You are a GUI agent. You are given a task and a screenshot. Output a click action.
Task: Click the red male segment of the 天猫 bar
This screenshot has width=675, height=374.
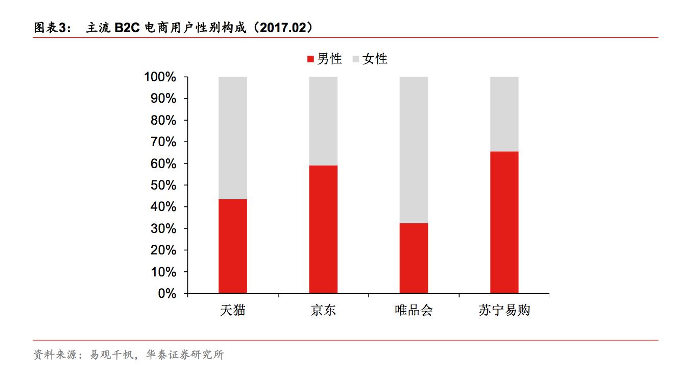232,246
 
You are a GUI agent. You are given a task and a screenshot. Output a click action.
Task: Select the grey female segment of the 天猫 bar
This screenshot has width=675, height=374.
232,138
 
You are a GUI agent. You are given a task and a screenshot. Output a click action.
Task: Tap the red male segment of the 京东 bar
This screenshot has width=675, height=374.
323,229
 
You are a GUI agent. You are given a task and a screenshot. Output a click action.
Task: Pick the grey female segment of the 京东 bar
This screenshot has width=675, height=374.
323,121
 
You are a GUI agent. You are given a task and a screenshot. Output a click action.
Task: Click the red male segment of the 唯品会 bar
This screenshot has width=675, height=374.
414,258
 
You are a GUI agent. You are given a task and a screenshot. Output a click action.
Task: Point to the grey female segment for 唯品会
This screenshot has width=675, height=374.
414,150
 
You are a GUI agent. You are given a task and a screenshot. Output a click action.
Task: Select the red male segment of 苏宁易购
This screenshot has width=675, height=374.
504,222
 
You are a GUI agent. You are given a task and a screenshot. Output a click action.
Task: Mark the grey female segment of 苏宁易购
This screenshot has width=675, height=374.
504,114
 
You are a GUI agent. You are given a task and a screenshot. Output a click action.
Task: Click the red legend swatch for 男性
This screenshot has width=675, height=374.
310,59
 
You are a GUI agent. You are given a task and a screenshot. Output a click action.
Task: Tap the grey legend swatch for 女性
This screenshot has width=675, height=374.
356,59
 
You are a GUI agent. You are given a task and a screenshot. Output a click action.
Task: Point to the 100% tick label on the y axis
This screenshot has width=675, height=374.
160,77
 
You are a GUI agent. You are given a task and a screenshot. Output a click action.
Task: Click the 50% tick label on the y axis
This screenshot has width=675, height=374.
163,185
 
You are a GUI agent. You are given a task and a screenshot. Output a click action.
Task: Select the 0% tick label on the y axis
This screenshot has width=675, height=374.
166,294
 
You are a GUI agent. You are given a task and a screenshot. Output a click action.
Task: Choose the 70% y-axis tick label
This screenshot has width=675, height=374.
163,142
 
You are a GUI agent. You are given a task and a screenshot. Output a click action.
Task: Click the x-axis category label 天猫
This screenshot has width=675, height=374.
232,310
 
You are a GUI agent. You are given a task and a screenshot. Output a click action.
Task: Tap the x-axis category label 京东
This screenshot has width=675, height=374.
323,310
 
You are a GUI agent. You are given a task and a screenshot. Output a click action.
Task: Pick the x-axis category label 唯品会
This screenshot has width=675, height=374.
414,310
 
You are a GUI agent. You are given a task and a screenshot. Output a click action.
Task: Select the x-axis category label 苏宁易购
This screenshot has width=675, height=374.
504,310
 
